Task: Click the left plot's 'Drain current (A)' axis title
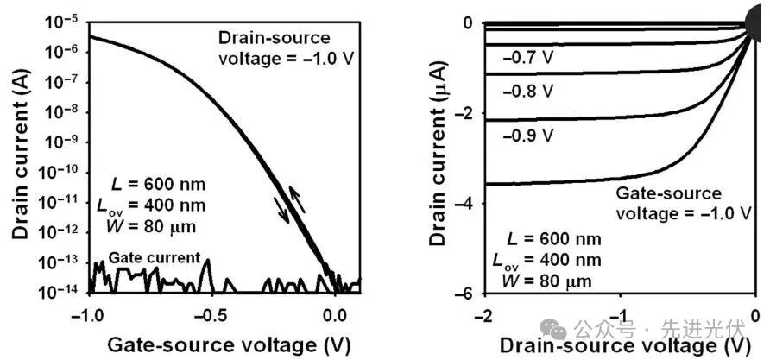[18, 155]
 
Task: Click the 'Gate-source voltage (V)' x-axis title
[223, 343]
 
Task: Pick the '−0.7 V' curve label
[527, 60]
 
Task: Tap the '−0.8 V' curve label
[527, 92]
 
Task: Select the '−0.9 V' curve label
[527, 135]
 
